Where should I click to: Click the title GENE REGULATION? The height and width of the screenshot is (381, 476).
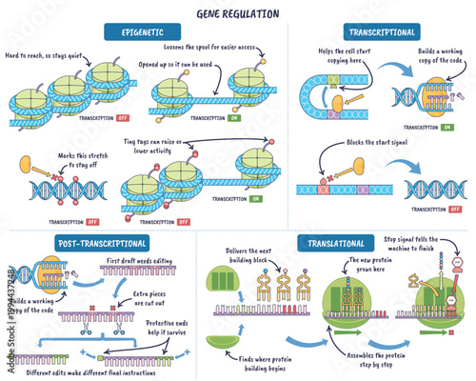coord(237,14)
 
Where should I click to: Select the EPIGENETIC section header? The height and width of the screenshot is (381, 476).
coord(142,32)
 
